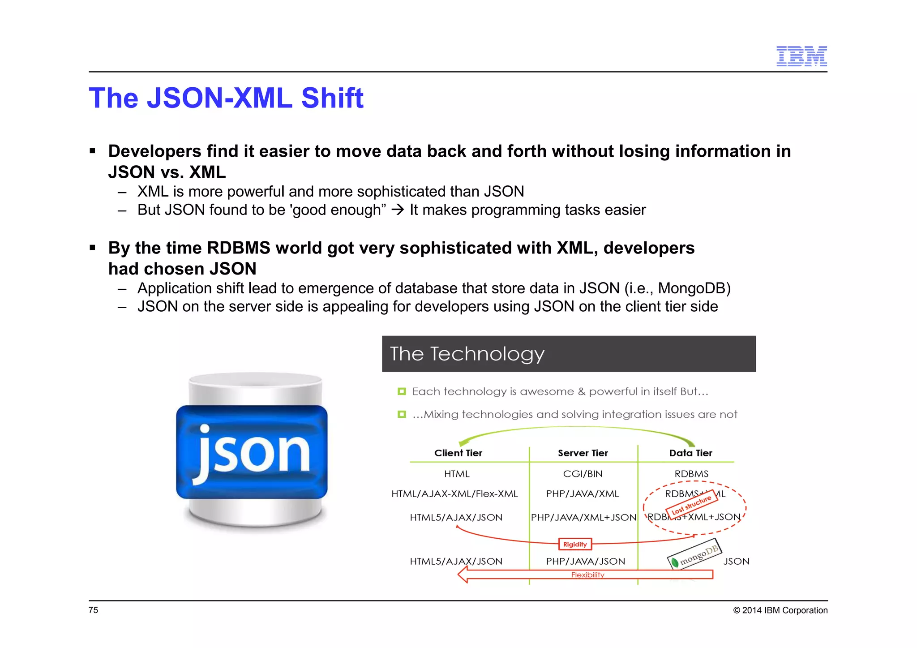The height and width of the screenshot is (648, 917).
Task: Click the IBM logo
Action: (x=801, y=56)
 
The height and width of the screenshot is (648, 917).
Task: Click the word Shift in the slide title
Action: (x=332, y=98)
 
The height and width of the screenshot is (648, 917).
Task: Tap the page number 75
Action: (x=93, y=610)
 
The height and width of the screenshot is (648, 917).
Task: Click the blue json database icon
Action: (x=252, y=451)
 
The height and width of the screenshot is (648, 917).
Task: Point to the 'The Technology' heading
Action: (x=467, y=354)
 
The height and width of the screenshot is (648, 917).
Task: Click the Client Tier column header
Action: (x=458, y=453)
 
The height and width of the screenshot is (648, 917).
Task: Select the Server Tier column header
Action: (x=583, y=453)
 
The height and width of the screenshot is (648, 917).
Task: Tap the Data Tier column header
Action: (x=690, y=453)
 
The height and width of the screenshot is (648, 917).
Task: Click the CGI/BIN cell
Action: (x=583, y=473)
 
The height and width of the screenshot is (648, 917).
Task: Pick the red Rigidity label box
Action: (x=575, y=544)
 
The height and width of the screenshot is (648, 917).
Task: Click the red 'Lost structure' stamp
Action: (x=691, y=505)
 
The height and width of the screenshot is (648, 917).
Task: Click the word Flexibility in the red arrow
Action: (x=587, y=575)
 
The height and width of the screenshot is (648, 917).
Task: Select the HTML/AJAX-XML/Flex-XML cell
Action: (x=454, y=494)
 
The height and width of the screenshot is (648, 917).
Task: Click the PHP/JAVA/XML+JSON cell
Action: (x=583, y=517)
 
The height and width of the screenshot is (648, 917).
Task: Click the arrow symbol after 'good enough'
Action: (x=398, y=210)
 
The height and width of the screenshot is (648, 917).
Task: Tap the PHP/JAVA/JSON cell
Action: (x=585, y=561)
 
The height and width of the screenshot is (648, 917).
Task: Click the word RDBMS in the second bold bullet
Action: (x=239, y=248)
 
